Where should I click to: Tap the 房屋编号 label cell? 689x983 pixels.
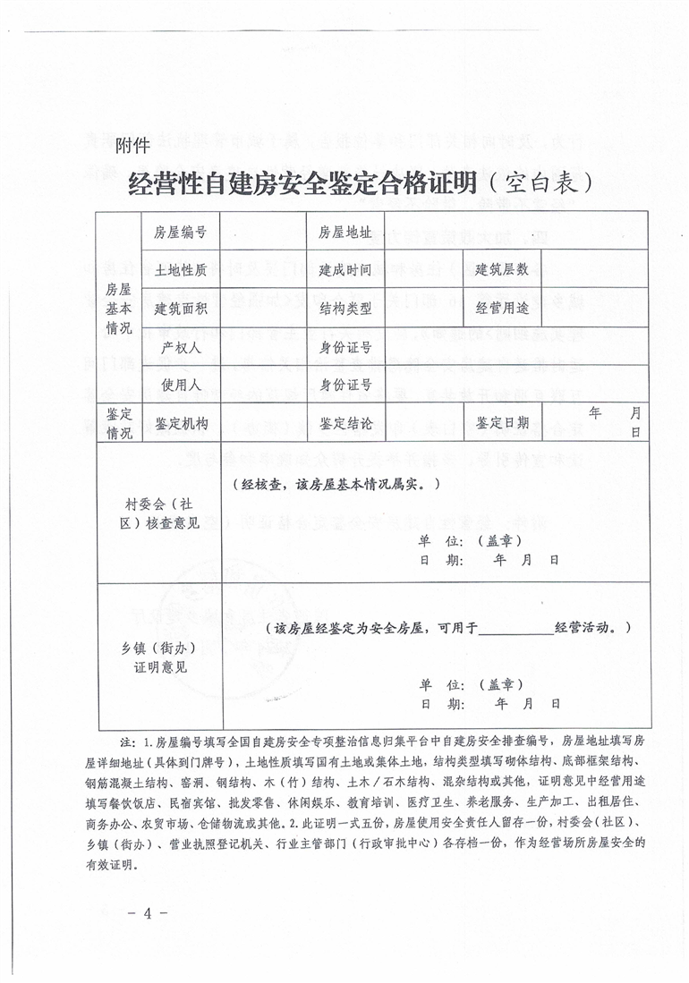coord(181,233)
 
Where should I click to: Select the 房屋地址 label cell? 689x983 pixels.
coord(344,233)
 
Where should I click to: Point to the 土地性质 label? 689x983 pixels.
coord(181,269)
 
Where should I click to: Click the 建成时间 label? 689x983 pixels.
coord(344,269)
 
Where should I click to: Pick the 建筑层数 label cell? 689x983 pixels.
coord(502,269)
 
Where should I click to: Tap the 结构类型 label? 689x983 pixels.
coord(344,309)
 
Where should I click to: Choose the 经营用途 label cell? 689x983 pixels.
coord(502,309)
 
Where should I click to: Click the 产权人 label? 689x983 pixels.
coord(181,347)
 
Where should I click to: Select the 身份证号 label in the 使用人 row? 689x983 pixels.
coord(344,385)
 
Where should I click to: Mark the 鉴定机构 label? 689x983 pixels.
coord(181,423)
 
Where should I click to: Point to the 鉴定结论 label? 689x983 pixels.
coord(344,423)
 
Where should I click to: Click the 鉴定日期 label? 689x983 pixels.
coord(502,423)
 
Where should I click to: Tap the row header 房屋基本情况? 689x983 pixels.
coord(119,309)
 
